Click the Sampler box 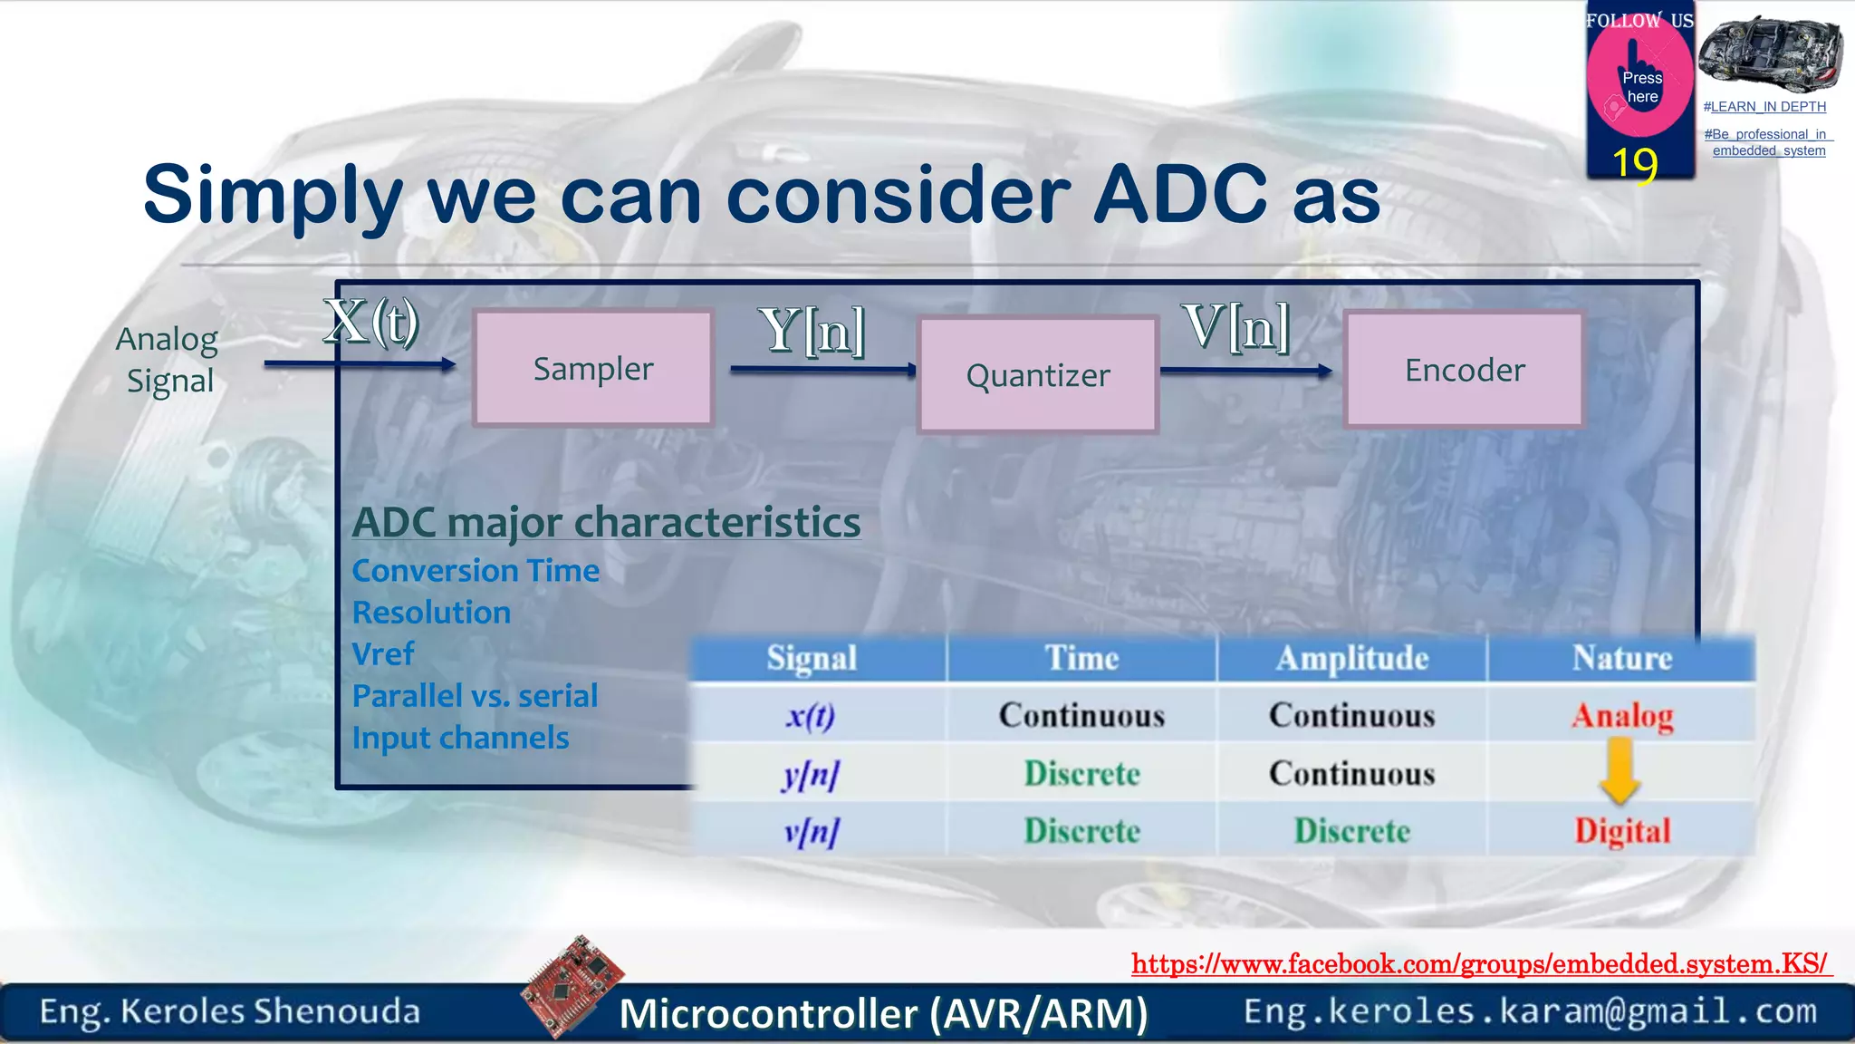point(593,368)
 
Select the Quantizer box point(1038,375)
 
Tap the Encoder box point(1465,369)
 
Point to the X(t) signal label point(371,321)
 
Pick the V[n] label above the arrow point(1235,326)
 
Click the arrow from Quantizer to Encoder point(1245,370)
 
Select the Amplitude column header point(1351,658)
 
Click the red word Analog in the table point(1621,716)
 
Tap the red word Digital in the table point(1621,831)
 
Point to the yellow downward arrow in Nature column point(1620,771)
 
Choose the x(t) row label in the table point(811,716)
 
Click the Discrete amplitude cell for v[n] point(1351,831)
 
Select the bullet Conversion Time point(476,571)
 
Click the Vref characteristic point(383,654)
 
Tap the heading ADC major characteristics point(606,522)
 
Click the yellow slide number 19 point(1635,164)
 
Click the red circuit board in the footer point(572,985)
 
